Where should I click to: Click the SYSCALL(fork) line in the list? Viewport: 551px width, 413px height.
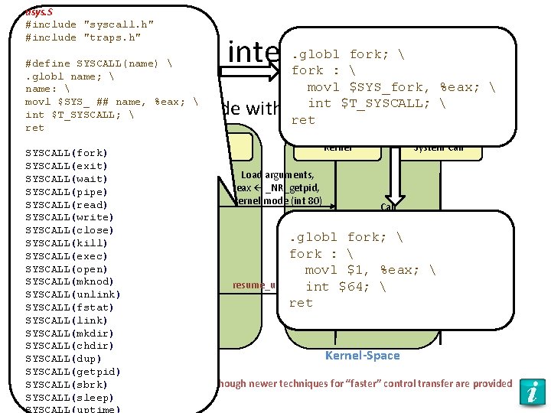(x=67, y=153)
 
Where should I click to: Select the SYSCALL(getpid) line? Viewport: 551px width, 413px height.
(x=73, y=372)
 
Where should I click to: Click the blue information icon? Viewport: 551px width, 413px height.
(x=531, y=391)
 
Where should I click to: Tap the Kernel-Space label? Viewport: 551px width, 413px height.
(x=362, y=356)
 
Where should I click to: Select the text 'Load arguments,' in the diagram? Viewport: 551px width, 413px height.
(x=277, y=175)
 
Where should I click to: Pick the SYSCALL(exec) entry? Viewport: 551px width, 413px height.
(x=67, y=256)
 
